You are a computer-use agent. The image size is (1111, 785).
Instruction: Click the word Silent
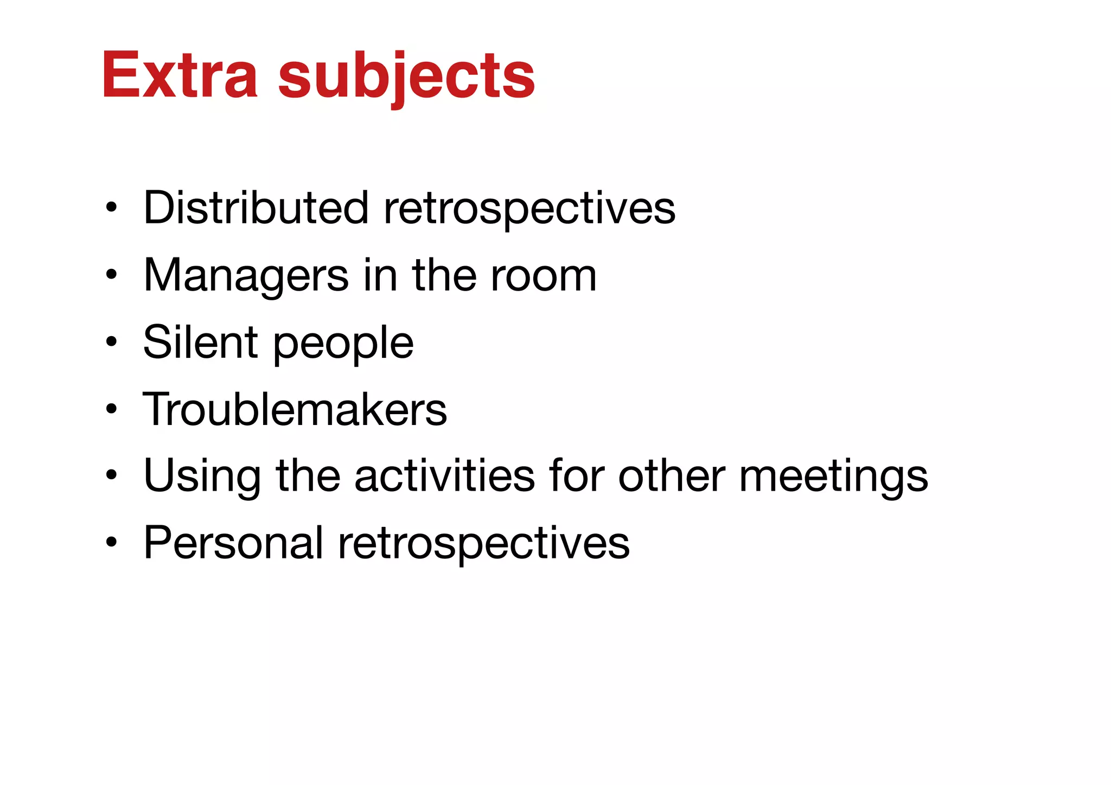(200, 342)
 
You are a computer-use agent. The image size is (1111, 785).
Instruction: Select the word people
(343, 345)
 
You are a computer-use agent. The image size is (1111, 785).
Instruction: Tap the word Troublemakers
(295, 409)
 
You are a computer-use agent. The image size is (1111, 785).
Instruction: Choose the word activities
(444, 475)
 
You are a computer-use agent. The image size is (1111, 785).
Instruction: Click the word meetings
(833, 477)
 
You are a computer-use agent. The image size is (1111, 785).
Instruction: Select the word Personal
(233, 543)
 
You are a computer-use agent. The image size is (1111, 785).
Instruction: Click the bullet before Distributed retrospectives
(111, 208)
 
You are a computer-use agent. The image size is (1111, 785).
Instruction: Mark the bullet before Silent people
(111, 342)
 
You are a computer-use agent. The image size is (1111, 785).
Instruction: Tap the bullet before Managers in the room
(111, 275)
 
